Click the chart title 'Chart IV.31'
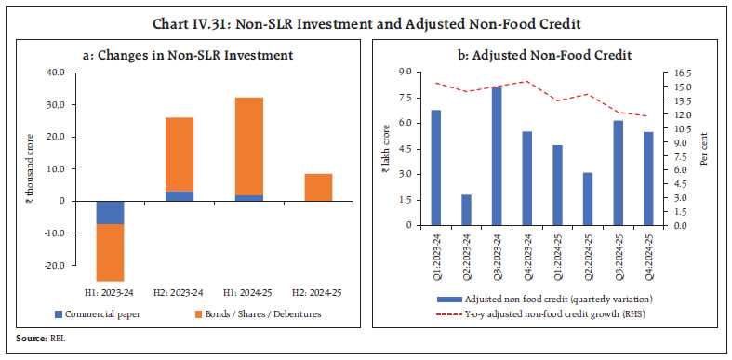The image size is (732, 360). pyautogui.click(x=366, y=13)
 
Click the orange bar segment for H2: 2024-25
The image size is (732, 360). pyautogui.click(x=318, y=187)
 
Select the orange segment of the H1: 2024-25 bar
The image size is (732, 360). pyautogui.click(x=249, y=146)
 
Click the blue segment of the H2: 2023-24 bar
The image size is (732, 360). pyautogui.click(x=180, y=196)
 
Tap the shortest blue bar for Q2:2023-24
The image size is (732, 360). pyautogui.click(x=466, y=209)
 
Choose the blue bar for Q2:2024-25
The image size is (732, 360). pyautogui.click(x=588, y=198)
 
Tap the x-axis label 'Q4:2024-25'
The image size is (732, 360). pyautogui.click(x=649, y=251)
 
